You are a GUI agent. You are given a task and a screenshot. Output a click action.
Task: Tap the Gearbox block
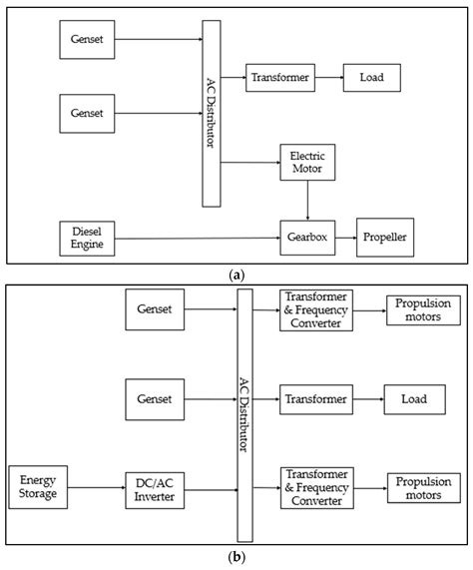click(304, 239)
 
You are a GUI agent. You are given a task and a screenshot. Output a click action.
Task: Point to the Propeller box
click(385, 239)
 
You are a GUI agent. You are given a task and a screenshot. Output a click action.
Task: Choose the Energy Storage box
click(38, 488)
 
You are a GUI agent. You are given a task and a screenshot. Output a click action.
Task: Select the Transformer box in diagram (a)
click(278, 76)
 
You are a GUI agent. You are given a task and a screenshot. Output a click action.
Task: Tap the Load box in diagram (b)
click(415, 399)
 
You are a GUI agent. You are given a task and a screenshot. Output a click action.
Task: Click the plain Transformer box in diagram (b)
click(314, 399)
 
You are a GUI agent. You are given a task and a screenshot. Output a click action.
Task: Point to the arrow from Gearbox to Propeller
click(344, 239)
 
